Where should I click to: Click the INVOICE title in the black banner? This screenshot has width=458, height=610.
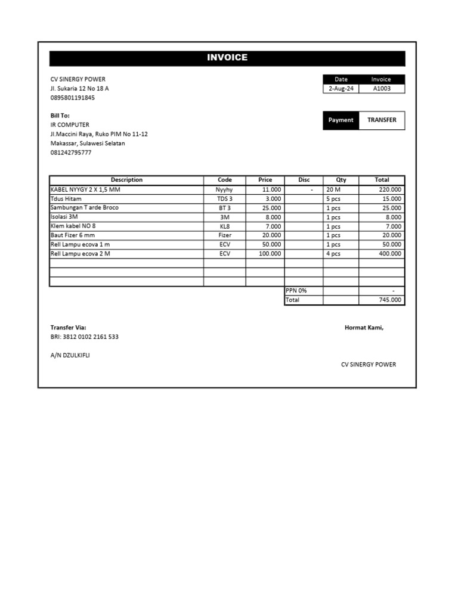[x=227, y=58]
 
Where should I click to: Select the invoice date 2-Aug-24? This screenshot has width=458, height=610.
[x=341, y=89]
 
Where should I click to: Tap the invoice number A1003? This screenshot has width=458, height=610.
[x=382, y=89]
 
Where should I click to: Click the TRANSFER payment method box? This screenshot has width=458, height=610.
[x=382, y=120]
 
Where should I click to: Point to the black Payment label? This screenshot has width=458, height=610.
[x=341, y=120]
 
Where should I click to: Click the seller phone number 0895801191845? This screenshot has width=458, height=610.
[x=72, y=98]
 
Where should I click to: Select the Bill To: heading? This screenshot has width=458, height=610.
[x=60, y=116]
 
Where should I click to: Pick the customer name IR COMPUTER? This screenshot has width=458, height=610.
[x=70, y=125]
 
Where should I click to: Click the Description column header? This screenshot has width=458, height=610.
[x=126, y=180]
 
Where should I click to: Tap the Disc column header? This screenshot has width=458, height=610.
[x=304, y=180]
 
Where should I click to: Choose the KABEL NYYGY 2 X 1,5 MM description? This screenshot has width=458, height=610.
[x=85, y=189]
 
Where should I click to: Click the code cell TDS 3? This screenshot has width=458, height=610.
[x=224, y=199]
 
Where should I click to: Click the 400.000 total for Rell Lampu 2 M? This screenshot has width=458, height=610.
[x=389, y=254]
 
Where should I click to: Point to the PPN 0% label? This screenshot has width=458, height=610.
[x=296, y=291]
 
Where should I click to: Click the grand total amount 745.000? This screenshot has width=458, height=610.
[x=390, y=300]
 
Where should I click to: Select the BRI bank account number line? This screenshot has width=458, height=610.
[x=84, y=337]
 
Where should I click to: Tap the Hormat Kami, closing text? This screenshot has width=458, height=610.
[x=364, y=328]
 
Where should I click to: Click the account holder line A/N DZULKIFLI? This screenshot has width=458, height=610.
[x=70, y=355]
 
